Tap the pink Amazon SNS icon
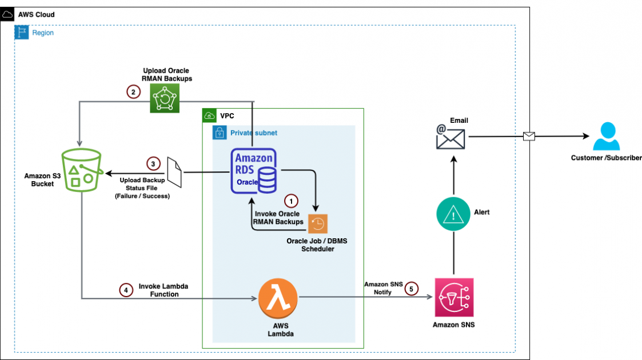click(x=454, y=298)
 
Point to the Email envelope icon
click(x=450, y=138)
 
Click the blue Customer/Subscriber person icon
click(x=606, y=137)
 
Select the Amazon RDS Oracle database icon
click(x=254, y=170)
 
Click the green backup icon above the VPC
click(x=164, y=98)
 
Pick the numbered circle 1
click(x=292, y=201)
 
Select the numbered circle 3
click(x=153, y=164)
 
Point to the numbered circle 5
click(x=412, y=289)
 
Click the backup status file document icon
click(x=174, y=171)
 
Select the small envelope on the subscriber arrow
click(x=529, y=136)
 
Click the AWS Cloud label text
click(x=37, y=14)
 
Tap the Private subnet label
click(x=253, y=133)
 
